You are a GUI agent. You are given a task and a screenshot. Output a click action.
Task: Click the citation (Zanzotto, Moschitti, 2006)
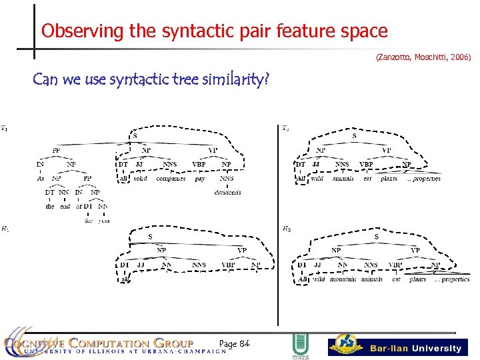pos(423,58)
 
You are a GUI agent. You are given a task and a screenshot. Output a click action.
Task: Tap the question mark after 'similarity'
pos(267,81)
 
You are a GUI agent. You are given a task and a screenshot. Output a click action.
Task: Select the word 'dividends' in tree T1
pos(227,193)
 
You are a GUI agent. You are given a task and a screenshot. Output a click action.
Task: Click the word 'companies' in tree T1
pos(171,179)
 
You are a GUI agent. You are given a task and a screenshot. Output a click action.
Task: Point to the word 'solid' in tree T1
pos(140,179)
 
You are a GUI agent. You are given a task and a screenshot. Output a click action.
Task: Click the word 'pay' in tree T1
pos(200,179)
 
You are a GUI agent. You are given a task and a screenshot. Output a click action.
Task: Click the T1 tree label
pos(5,128)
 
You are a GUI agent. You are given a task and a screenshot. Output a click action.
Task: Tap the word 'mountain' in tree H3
pos(343,280)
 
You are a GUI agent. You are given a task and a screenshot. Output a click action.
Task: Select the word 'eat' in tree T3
pos(367,179)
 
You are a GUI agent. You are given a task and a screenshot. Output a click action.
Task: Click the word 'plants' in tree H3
pos(417,280)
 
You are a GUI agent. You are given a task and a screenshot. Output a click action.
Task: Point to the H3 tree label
pos(286,229)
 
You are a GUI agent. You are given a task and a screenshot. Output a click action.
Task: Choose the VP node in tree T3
pos(386,150)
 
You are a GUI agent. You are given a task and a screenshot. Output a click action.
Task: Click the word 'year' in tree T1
pos(103,221)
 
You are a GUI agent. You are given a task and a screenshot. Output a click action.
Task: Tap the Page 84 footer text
pos(234,343)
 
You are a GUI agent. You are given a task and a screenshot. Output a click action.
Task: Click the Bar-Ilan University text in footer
pos(416,348)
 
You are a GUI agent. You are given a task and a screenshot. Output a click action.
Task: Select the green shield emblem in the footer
pos(299,347)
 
